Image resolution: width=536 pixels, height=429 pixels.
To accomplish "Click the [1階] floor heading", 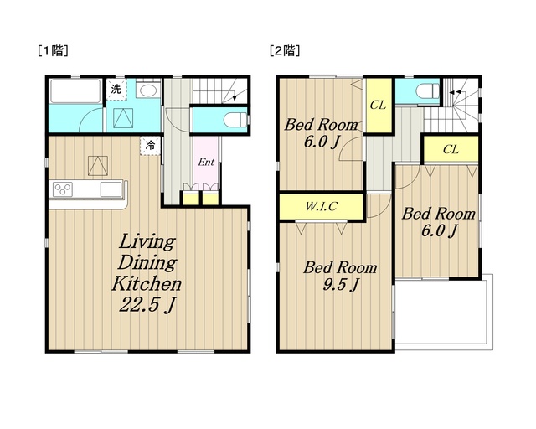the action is pos(53,51).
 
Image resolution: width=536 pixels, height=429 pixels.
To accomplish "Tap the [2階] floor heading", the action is pos(285,51).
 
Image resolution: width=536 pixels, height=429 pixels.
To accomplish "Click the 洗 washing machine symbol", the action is pos(116,90).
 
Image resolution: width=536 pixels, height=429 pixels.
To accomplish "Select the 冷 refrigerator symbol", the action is pos(150,146).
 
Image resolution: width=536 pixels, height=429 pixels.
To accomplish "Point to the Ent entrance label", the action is pos(206,162).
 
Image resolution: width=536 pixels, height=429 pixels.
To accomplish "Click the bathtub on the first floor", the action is pos(75,91).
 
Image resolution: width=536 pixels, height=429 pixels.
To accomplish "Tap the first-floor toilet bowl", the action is pos(234,120).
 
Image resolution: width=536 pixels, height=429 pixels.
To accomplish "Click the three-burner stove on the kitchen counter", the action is pos(63,189).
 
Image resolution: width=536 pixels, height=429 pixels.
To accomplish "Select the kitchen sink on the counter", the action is pos(111,189).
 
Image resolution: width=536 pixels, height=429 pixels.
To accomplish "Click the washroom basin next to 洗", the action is pos(147,90).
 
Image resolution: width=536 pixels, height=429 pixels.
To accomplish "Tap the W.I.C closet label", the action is pos(322,206).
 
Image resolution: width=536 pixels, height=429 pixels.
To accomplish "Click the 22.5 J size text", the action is pos(147,304).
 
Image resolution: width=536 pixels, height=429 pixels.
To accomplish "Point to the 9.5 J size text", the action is pos(341,285).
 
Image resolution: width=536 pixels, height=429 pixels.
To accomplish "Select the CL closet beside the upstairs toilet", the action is pos(378,105).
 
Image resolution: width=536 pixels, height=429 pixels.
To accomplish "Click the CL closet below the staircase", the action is pos(451,149).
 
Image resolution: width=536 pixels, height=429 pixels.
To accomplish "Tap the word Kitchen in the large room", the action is pos(147,284).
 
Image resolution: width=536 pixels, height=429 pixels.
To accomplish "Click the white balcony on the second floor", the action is pos(444,312).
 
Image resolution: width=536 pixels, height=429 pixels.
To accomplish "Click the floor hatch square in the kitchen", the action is pos(98,166).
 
